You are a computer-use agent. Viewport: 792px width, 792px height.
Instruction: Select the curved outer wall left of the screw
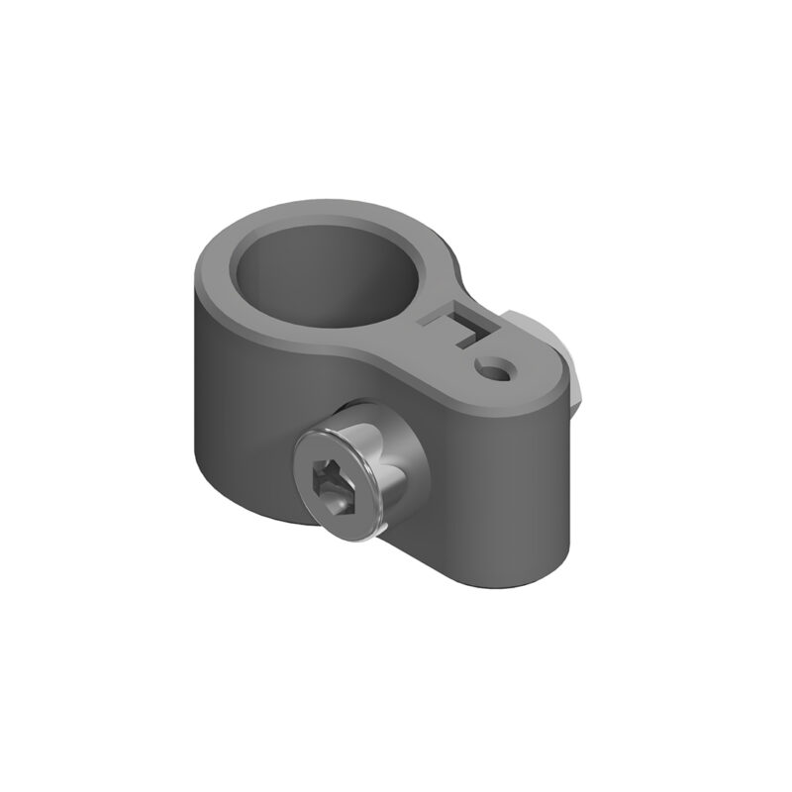[233, 396]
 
